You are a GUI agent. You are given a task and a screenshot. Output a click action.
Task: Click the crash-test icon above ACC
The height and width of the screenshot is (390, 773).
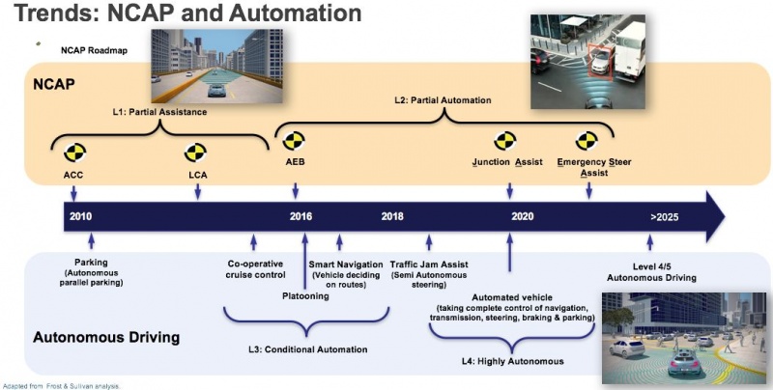point(74,153)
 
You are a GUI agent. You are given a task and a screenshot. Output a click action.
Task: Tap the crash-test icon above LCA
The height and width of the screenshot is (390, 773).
point(196,153)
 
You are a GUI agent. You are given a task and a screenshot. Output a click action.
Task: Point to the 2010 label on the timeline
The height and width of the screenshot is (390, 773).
point(81,216)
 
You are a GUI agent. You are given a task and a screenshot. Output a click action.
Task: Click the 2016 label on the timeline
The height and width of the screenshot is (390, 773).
point(301,216)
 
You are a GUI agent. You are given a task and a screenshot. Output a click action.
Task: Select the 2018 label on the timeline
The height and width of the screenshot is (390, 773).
point(392,216)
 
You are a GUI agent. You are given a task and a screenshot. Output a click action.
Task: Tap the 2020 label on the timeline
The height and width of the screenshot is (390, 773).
point(522,216)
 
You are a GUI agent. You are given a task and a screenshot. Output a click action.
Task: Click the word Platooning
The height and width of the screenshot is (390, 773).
point(305,295)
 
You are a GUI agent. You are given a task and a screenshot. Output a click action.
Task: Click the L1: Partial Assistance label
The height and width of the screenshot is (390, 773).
point(160,113)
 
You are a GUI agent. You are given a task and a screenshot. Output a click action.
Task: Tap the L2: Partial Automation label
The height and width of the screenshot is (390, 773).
point(444,100)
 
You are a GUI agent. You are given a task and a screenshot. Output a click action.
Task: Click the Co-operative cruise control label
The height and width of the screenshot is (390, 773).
point(256,268)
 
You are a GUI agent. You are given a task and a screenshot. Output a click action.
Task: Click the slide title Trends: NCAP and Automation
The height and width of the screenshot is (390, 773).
point(183,15)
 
